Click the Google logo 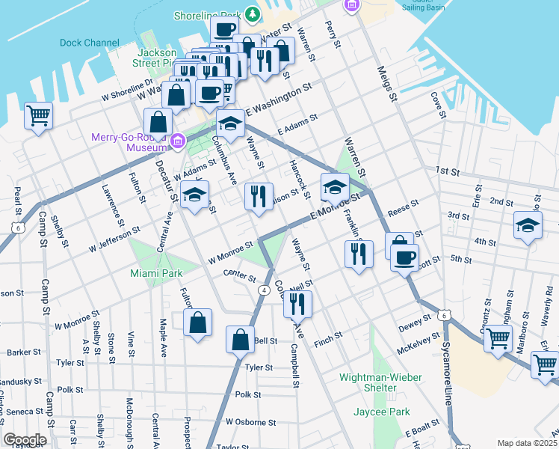coord(25,439)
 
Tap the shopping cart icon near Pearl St coord(37,116)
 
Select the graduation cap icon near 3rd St coord(527,224)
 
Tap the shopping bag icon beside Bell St coord(240,338)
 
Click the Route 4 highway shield coord(264,290)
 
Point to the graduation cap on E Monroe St coord(334,186)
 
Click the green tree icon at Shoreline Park coord(253,14)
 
